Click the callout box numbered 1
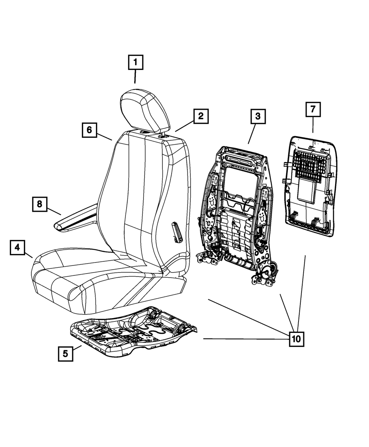(135, 63)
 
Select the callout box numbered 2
(200, 117)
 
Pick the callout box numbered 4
(17, 248)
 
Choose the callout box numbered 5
(65, 354)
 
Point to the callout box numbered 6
(89, 130)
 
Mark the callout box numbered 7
(313, 109)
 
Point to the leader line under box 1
(135, 77)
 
